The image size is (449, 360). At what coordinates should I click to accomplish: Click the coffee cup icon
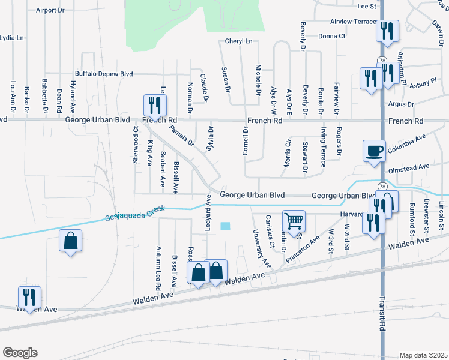pos(374,150)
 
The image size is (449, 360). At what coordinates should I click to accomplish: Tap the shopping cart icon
pos(294,221)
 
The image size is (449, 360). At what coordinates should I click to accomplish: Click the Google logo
pos(20,353)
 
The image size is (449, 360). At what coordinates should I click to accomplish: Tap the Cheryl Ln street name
pos(239,41)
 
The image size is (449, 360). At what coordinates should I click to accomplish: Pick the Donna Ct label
pos(332,36)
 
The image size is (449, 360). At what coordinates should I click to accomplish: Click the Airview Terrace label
pos(353,21)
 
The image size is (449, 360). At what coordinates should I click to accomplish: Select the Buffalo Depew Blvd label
pos(103,73)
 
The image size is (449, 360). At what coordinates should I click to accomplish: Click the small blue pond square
pos(225,226)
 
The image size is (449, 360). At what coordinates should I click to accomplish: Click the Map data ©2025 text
pos(423,355)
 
